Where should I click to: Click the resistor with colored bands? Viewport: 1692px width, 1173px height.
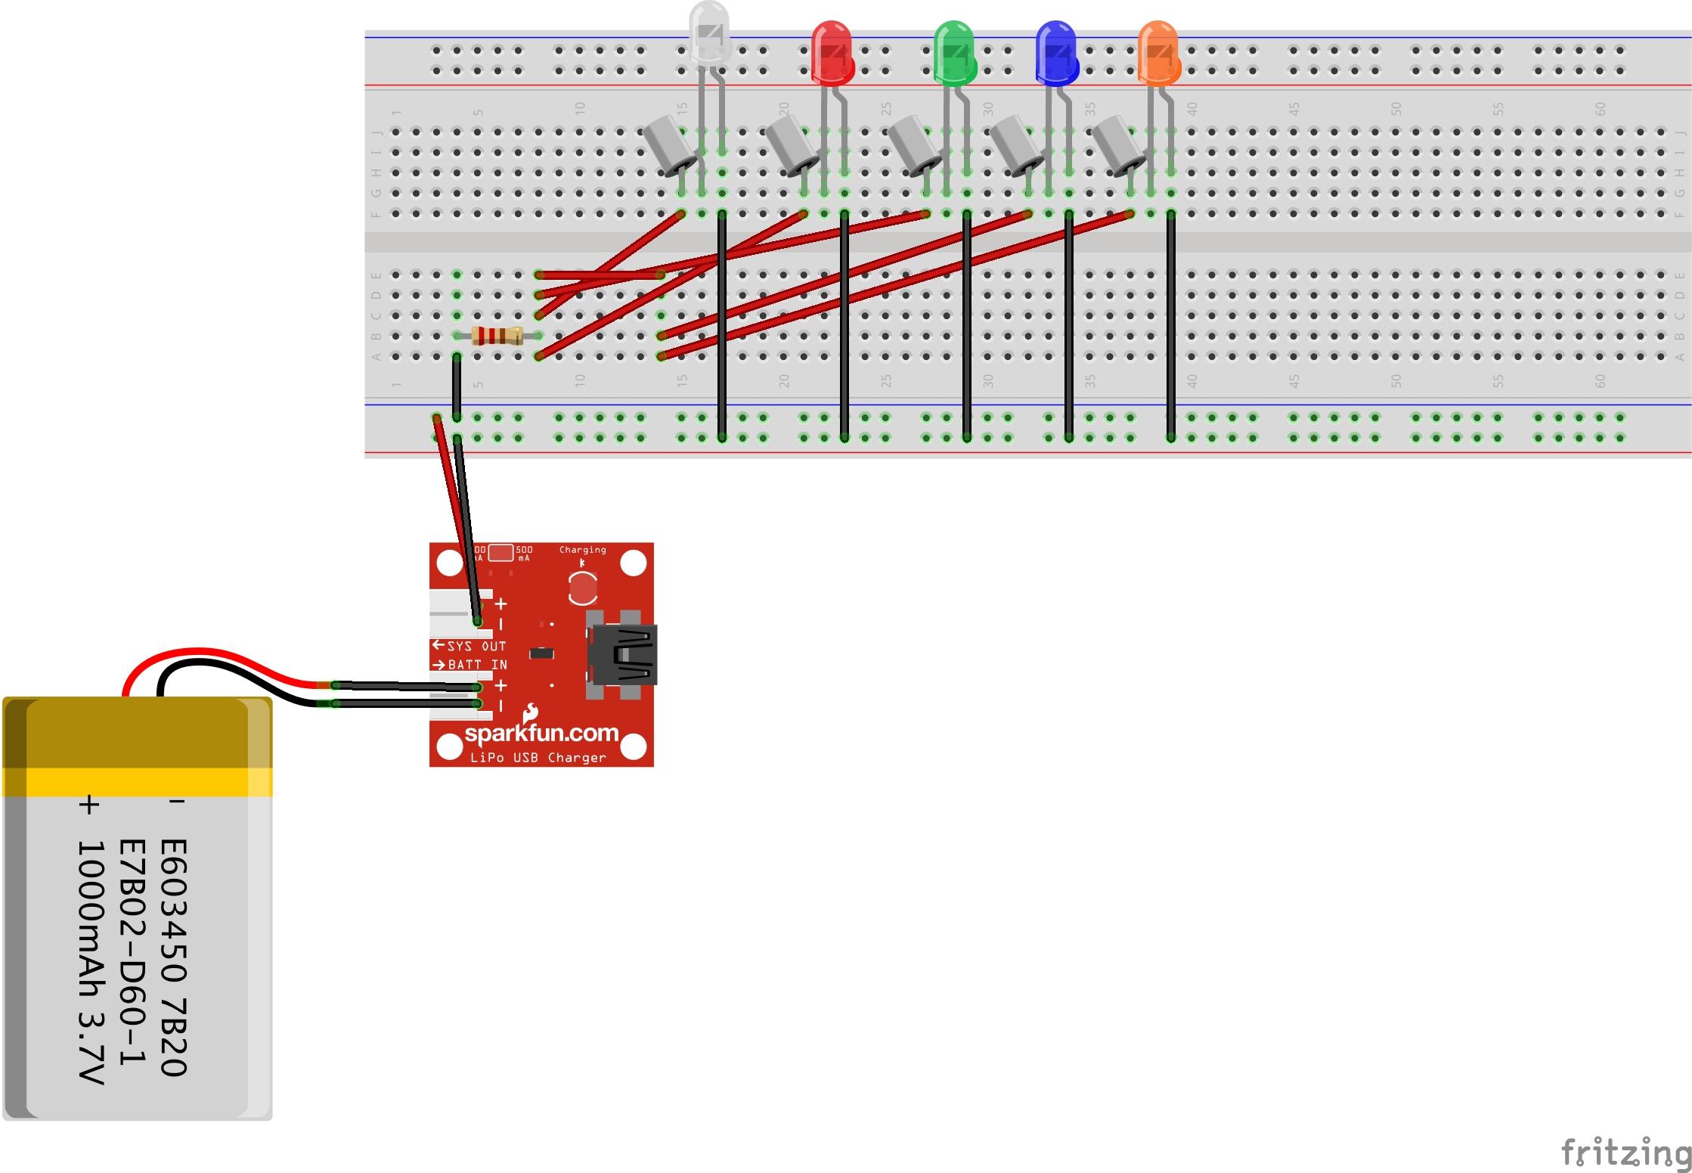tap(497, 335)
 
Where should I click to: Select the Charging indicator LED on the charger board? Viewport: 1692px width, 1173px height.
tap(582, 588)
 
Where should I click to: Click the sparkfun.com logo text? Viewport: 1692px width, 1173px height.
tap(541, 733)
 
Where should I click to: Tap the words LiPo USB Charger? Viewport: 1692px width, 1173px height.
tap(538, 758)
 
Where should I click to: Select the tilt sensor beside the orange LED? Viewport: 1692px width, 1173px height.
tap(1118, 145)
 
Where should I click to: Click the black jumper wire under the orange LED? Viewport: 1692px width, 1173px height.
tap(1170, 325)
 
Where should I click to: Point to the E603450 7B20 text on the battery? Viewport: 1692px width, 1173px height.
tap(173, 957)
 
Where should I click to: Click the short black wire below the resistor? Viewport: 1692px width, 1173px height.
tap(457, 387)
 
